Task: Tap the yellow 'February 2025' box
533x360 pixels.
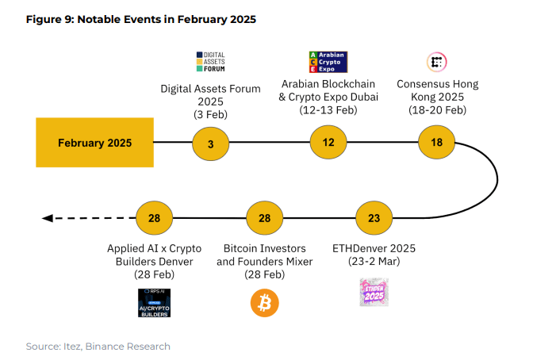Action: click(94, 143)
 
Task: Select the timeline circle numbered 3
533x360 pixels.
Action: click(210, 144)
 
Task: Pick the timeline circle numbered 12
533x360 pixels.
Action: click(328, 143)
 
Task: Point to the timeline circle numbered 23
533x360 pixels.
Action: click(374, 217)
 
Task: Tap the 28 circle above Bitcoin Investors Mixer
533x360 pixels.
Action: click(264, 217)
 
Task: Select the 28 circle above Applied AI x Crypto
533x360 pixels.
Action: click(154, 217)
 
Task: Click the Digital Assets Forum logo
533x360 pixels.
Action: click(210, 62)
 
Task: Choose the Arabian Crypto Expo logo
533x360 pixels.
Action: click(328, 62)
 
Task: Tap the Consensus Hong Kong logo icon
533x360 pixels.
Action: click(436, 62)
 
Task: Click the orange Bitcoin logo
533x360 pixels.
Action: click(265, 302)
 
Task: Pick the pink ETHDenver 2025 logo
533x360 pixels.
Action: click(374, 292)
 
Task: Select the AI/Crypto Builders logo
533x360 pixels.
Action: click(154, 302)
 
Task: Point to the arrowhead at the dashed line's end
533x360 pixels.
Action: click(48, 217)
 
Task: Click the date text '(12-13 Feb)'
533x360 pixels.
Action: click(328, 110)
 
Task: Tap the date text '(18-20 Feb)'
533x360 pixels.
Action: click(437, 110)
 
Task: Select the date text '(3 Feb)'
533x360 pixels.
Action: click(210, 115)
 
